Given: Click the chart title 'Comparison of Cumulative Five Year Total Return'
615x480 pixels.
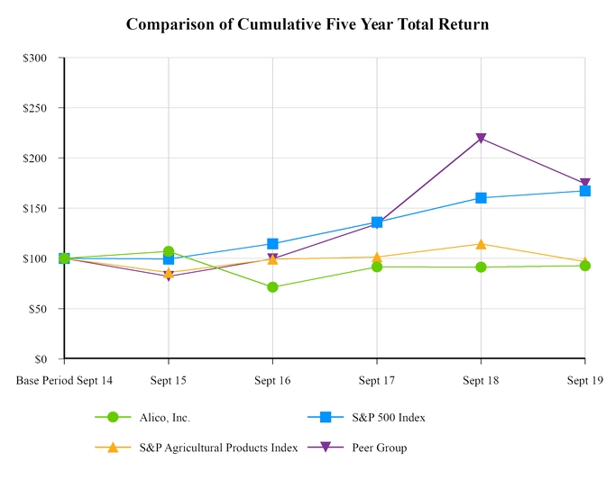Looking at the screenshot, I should (307, 24).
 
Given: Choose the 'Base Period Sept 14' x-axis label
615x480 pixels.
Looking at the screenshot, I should (64, 381).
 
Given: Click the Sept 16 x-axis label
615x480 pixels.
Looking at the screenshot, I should (272, 381).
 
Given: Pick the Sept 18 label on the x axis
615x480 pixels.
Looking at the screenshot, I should (481, 381).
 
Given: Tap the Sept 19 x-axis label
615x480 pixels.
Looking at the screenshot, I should (584, 381).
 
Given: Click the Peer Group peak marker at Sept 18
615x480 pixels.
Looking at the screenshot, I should (481, 139).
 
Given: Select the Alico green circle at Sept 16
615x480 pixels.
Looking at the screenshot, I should (272, 287).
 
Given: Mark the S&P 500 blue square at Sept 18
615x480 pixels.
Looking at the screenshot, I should (481, 197).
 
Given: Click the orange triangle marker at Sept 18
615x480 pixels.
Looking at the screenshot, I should (481, 244).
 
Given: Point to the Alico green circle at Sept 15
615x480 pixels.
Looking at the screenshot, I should (169, 252).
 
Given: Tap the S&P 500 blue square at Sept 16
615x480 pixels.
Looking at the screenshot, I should (272, 244).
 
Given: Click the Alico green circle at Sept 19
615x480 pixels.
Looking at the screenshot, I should (585, 266).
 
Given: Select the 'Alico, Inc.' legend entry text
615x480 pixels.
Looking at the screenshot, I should (164, 418).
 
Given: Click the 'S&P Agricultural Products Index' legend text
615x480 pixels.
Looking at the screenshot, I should (218, 448).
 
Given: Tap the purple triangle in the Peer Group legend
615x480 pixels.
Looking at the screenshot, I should (326, 448).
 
